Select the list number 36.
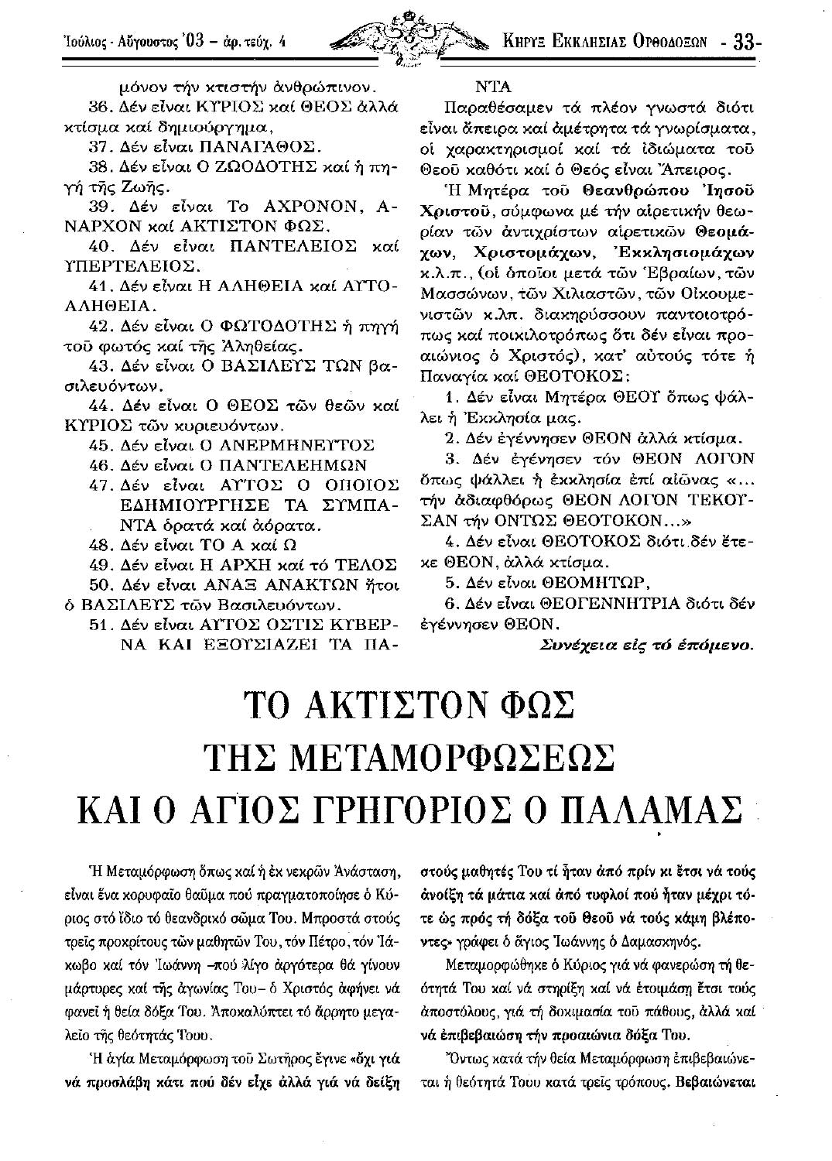click(102, 104)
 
